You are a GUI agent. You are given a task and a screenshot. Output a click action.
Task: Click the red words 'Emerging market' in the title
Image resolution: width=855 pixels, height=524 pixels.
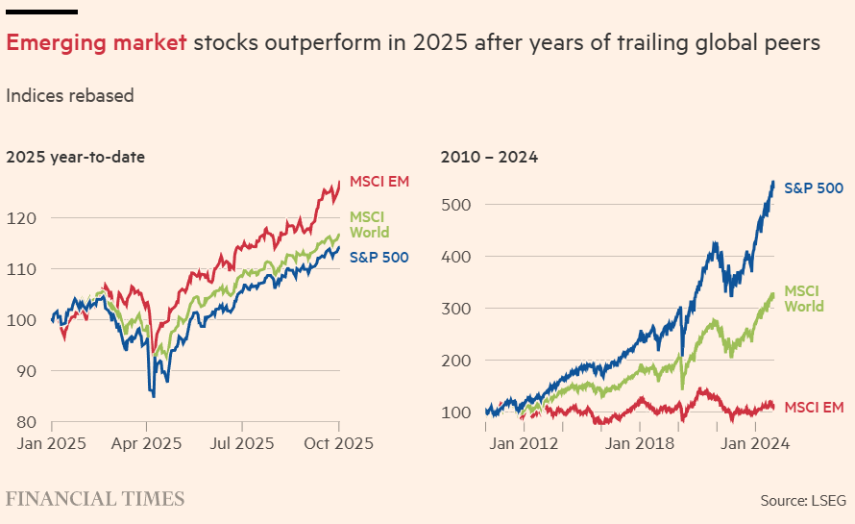(97, 43)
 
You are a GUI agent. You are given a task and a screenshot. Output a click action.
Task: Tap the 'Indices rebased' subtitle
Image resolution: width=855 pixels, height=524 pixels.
(69, 96)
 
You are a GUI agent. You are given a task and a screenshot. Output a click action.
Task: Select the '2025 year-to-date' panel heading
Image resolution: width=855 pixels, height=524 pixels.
(75, 158)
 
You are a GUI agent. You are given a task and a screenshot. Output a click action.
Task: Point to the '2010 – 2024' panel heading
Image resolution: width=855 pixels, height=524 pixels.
(489, 158)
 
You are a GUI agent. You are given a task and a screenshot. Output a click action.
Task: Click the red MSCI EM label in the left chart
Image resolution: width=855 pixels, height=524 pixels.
(379, 182)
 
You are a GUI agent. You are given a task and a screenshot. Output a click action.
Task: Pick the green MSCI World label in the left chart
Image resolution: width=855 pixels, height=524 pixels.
(370, 225)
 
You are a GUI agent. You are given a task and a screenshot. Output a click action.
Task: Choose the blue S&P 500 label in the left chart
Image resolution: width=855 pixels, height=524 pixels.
(379, 257)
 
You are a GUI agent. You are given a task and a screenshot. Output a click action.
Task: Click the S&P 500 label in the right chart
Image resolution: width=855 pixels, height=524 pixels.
(814, 187)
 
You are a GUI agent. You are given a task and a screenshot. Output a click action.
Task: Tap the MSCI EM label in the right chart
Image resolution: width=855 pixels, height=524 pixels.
(815, 408)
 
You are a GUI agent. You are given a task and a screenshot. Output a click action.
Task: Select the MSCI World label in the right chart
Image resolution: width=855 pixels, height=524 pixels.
(805, 298)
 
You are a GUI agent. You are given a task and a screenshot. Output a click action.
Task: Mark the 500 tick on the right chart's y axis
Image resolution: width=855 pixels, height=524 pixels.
(455, 205)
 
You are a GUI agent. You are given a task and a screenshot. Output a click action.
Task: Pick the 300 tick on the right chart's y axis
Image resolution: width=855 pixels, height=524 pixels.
(455, 309)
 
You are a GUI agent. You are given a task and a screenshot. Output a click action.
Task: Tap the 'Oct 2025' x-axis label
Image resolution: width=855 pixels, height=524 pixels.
(338, 444)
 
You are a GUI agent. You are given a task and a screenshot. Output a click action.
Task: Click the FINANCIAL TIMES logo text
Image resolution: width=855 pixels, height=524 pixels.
(95, 499)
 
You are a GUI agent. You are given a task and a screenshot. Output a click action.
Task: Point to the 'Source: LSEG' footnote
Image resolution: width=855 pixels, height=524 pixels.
(804, 501)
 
